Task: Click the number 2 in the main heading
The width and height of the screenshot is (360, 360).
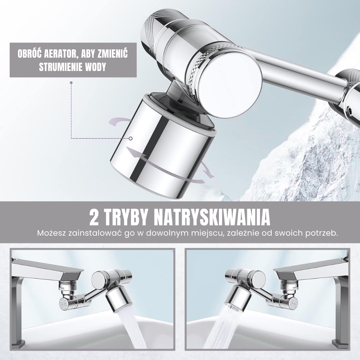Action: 94,218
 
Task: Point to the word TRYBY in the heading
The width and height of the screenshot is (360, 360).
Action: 129,218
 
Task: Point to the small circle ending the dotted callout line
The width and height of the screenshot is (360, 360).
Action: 131,138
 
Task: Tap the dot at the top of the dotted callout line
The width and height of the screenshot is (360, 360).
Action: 71,82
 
